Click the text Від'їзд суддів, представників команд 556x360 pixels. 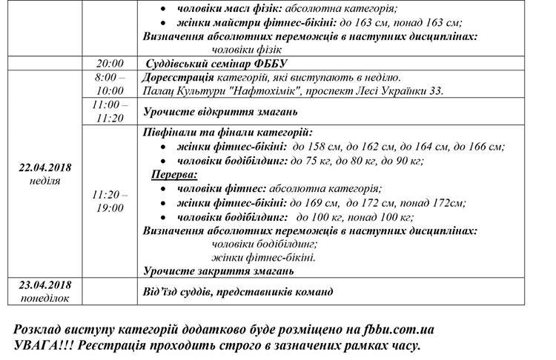[x=237, y=292]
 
